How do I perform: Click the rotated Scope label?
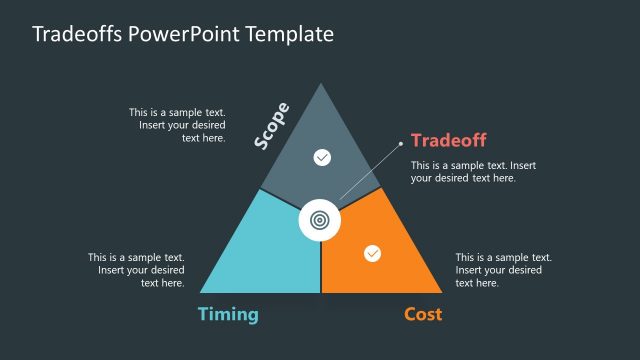click(271, 126)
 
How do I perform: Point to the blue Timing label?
click(228, 314)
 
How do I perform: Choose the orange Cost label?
click(423, 314)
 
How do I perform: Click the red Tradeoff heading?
click(448, 141)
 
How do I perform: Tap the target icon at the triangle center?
click(320, 219)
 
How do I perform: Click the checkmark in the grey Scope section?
click(321, 157)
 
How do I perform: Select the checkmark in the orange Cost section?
click(372, 253)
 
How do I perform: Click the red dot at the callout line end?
click(402, 141)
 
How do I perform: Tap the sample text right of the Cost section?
click(503, 270)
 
